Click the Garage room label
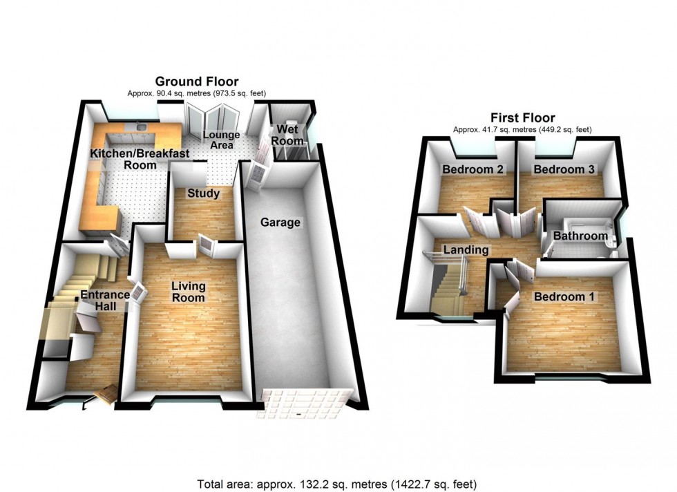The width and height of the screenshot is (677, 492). (280, 223)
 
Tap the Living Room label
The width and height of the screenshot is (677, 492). (189, 292)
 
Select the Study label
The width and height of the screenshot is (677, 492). (203, 193)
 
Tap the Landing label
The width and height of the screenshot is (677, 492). (466, 250)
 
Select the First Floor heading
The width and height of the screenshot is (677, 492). (522, 118)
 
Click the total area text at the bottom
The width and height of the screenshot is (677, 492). (338, 484)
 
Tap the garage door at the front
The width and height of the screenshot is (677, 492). (304, 404)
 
